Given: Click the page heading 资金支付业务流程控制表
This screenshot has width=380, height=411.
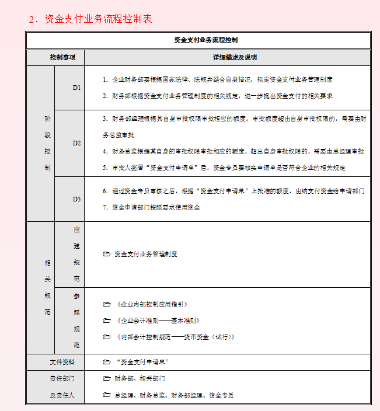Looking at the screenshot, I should click(x=90, y=19).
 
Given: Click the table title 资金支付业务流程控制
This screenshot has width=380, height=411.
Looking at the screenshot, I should click(x=198, y=40).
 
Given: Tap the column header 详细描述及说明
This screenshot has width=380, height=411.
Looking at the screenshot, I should click(x=226, y=58).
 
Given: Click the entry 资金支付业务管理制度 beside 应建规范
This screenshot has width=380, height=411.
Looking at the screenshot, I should click(x=146, y=255).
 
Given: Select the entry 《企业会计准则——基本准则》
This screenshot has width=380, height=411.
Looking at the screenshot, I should click(x=158, y=321).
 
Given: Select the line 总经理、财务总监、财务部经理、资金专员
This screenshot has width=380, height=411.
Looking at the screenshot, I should click(x=173, y=395).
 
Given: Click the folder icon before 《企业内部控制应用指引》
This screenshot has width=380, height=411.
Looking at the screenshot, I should click(x=106, y=304).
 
